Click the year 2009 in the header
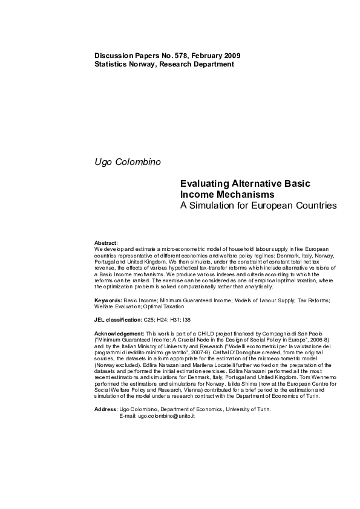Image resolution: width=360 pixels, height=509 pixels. [231, 56]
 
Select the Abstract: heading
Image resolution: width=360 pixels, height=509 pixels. [106, 242]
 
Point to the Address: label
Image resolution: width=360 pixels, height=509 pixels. [106, 410]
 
